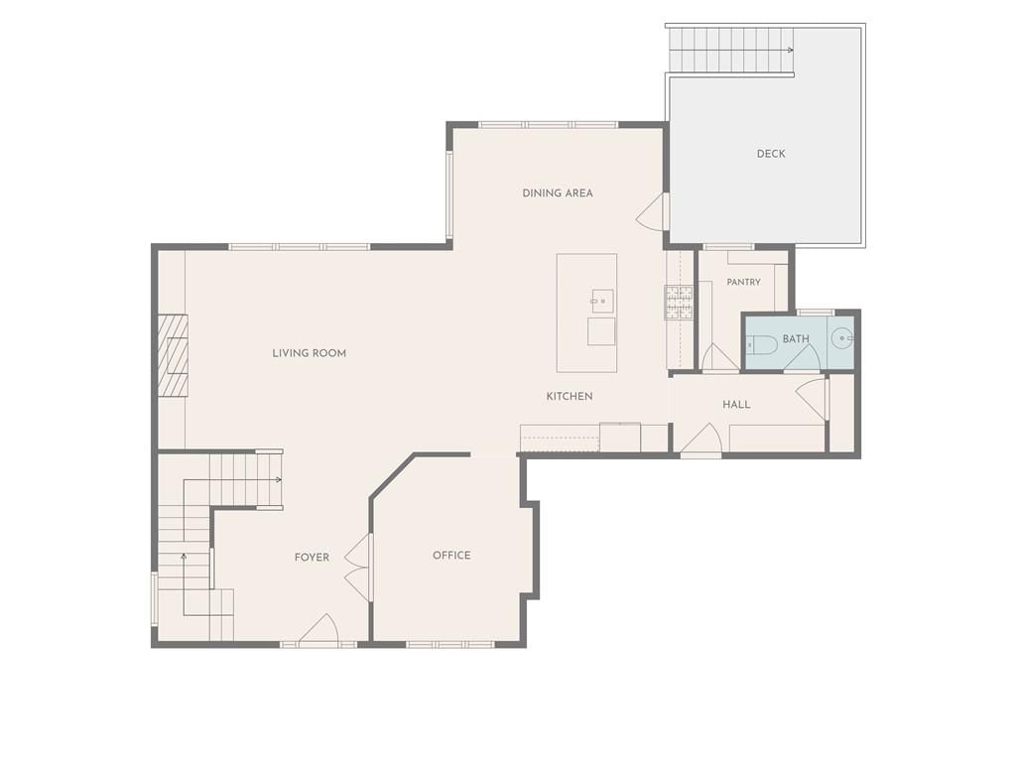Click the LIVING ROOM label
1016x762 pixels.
point(310,353)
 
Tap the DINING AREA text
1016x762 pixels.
point(558,193)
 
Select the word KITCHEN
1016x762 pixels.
point(570,396)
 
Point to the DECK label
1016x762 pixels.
point(771,154)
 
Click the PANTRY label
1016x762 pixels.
point(744,282)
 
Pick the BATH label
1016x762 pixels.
point(796,339)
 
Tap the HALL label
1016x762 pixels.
point(737,405)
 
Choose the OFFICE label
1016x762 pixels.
point(451,556)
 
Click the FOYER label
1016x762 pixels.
point(312,558)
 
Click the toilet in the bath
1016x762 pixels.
point(761,344)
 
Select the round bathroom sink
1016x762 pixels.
point(842,338)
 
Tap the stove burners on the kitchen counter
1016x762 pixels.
point(679,302)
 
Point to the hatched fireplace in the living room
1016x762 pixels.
point(173,355)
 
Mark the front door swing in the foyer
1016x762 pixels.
point(318,628)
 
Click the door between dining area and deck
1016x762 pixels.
point(653,210)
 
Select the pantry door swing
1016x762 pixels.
point(716,356)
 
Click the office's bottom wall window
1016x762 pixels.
point(450,645)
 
